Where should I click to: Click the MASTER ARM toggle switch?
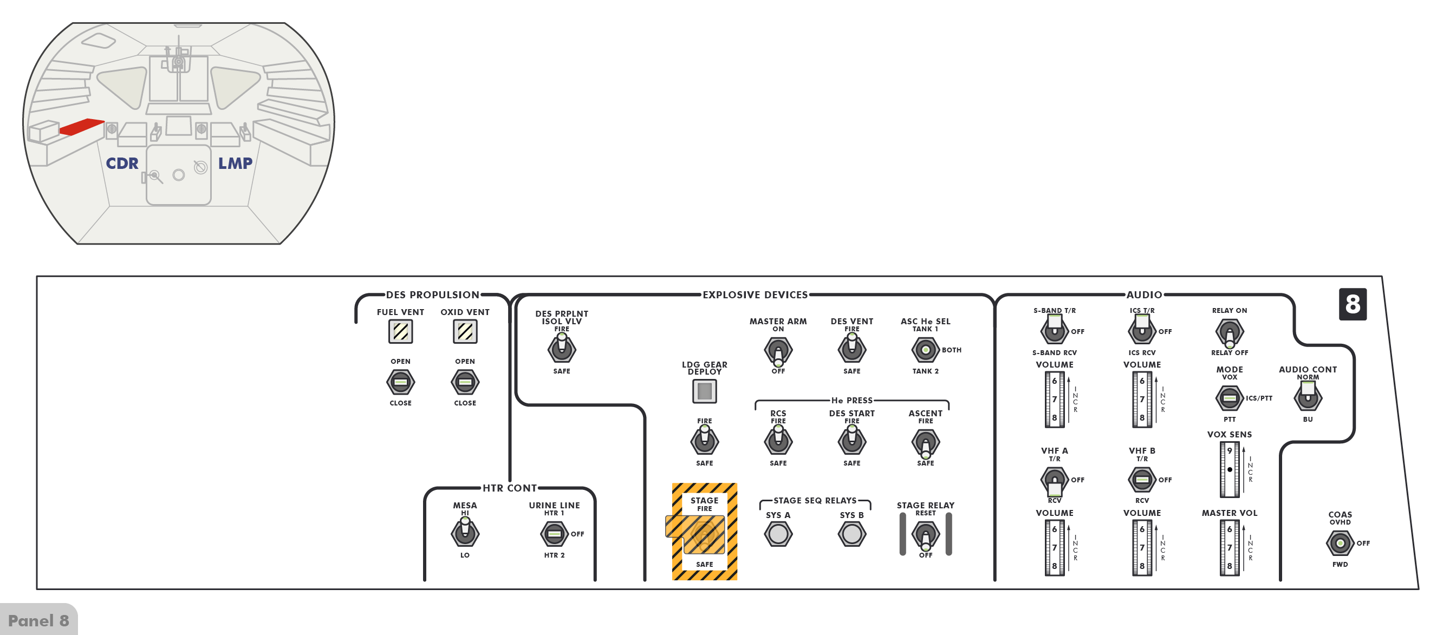tap(778, 350)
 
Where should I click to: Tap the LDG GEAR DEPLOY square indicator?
tap(704, 391)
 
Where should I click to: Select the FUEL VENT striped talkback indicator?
tap(400, 332)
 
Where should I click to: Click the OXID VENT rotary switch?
tap(465, 383)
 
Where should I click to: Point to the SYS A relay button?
tap(778, 534)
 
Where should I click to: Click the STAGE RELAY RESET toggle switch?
tap(925, 534)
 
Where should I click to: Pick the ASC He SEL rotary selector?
tap(925, 350)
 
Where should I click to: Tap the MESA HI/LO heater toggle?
tap(465, 533)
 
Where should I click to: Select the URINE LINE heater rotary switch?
tap(554, 534)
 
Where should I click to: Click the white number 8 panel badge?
tap(1353, 304)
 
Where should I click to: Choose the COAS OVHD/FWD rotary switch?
tap(1340, 544)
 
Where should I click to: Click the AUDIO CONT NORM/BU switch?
tap(1308, 397)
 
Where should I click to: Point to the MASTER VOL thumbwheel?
tap(1229, 547)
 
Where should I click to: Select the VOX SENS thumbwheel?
tap(1229, 469)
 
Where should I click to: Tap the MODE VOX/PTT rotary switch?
tap(1229, 398)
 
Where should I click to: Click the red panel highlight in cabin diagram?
tap(81, 127)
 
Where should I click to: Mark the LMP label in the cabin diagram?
tap(235, 164)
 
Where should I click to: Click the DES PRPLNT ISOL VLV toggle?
tap(561, 349)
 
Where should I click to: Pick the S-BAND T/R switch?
tap(1054, 329)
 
